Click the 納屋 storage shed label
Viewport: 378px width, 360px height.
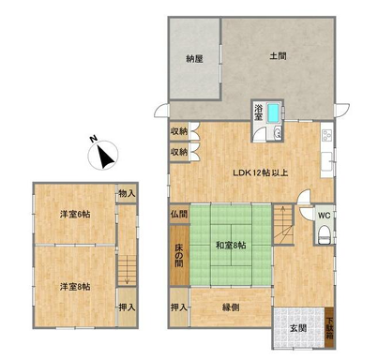click(x=194, y=59)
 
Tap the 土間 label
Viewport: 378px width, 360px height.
click(x=278, y=56)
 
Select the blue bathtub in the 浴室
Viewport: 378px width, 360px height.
click(x=274, y=113)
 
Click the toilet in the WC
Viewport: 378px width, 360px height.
click(x=324, y=236)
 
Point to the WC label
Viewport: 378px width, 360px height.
click(x=325, y=216)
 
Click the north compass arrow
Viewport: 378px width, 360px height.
click(x=105, y=157)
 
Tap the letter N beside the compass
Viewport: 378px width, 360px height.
click(x=93, y=139)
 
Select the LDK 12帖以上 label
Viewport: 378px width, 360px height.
click(x=261, y=172)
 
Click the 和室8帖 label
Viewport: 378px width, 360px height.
click(x=231, y=246)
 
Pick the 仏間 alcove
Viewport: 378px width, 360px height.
click(x=179, y=215)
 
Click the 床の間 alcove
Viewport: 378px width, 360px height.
click(x=179, y=255)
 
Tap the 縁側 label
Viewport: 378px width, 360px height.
click(x=231, y=307)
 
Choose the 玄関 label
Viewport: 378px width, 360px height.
click(x=297, y=328)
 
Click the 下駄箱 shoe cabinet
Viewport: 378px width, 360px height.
click(x=329, y=328)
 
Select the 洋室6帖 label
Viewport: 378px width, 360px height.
click(x=75, y=215)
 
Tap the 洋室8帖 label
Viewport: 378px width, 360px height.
click(x=75, y=287)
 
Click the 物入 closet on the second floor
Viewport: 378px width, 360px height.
click(x=127, y=194)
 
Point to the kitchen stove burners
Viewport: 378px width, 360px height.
click(x=327, y=135)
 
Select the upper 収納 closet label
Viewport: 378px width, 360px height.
click(x=179, y=131)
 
